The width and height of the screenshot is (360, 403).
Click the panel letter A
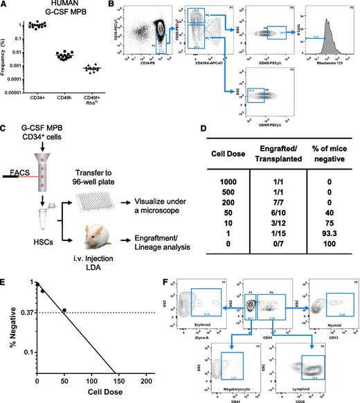[x=5, y=5]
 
